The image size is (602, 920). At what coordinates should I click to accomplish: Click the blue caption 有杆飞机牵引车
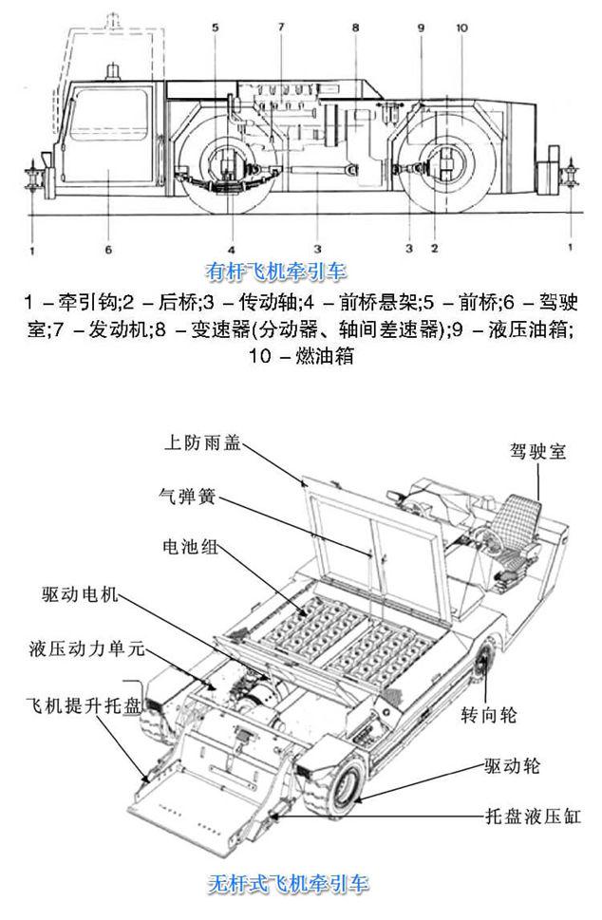pos(283,269)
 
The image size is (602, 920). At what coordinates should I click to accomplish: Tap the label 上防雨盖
pos(202,443)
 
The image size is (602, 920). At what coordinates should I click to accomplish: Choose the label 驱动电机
pos(80,595)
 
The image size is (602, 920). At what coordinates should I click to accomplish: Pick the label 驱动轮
pos(512,765)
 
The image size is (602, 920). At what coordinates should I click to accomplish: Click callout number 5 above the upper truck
pos(216,28)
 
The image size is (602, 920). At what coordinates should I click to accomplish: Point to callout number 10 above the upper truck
pos(462,28)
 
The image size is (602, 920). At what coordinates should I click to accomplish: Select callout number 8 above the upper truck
pos(354,28)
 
